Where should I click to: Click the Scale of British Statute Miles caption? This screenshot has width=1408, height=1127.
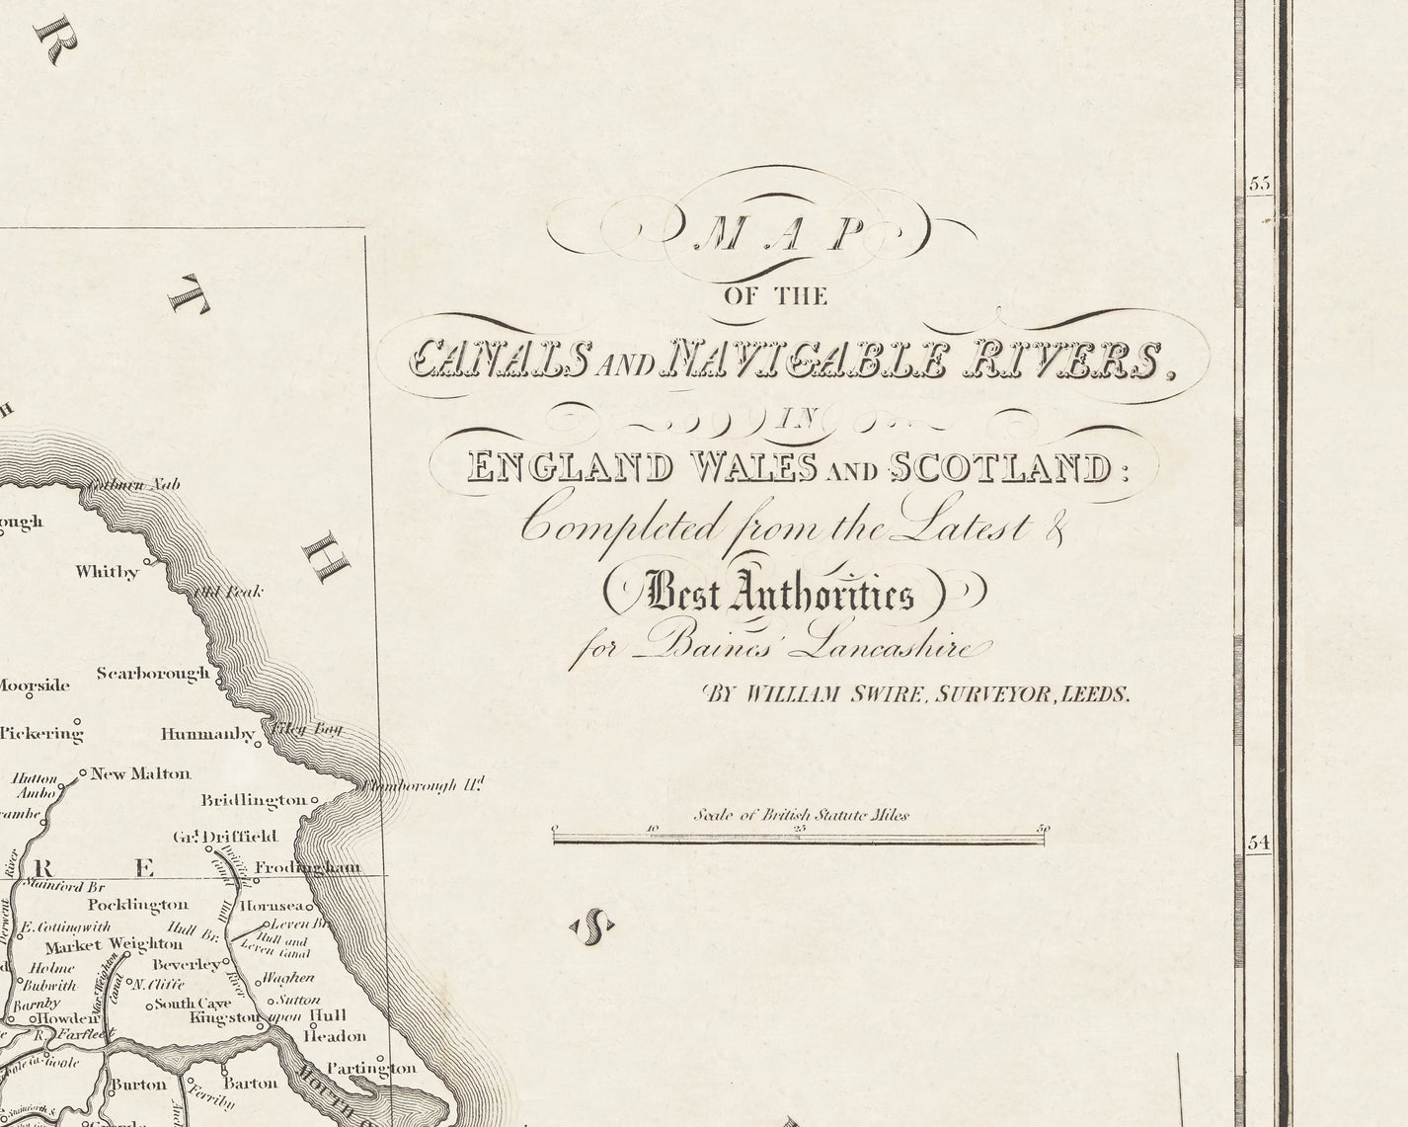coord(801,815)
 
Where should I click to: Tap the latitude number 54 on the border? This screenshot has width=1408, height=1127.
coord(1257,843)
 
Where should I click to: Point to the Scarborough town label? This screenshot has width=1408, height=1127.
coord(153,674)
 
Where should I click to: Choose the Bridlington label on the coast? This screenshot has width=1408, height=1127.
coord(254,799)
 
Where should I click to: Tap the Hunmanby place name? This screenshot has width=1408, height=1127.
coord(208,734)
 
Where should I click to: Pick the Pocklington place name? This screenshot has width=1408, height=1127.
coord(137,904)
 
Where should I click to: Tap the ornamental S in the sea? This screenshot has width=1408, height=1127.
coord(593,926)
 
